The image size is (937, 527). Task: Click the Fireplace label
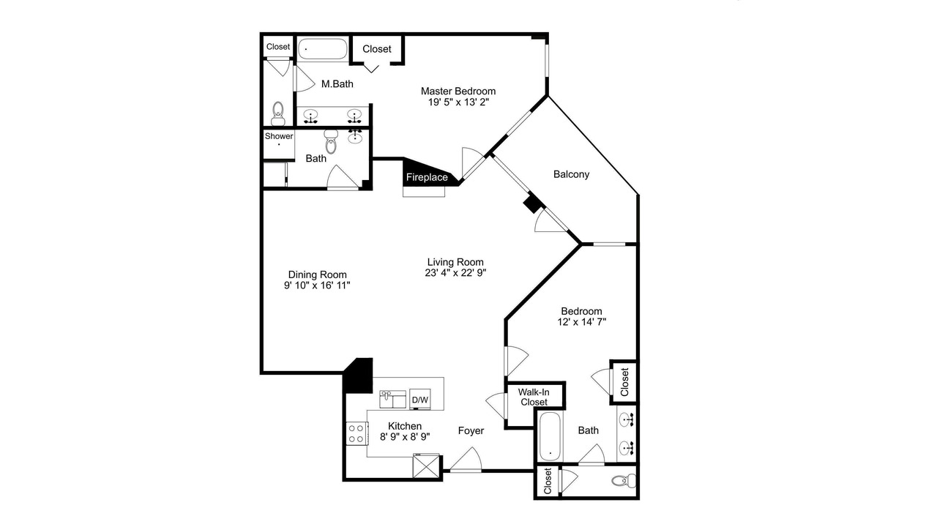point(427,177)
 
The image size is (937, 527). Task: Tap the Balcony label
point(571,174)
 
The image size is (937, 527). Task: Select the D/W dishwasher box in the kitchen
point(420,399)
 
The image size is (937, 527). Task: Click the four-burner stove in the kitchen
point(356,433)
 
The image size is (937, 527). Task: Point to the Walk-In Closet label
point(534,397)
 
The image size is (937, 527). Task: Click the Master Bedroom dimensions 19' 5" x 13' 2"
point(458,102)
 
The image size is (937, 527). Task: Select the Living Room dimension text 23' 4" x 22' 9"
point(455,273)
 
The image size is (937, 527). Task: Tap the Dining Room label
point(318,274)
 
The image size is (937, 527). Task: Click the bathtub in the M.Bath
point(323,49)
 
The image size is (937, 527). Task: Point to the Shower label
point(279,136)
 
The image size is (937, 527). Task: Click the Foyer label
point(471,431)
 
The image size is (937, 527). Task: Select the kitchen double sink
point(392,399)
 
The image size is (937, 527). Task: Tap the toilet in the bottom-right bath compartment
point(624,481)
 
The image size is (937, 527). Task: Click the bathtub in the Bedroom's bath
point(550,437)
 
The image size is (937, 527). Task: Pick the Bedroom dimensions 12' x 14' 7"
point(581,321)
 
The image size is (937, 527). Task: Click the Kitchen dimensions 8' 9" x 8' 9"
point(405,437)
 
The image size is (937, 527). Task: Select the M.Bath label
point(337,84)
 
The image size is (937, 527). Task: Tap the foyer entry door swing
point(466,459)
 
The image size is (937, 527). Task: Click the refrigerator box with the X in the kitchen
point(426,466)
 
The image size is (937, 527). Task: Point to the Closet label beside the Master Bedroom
point(377,49)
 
